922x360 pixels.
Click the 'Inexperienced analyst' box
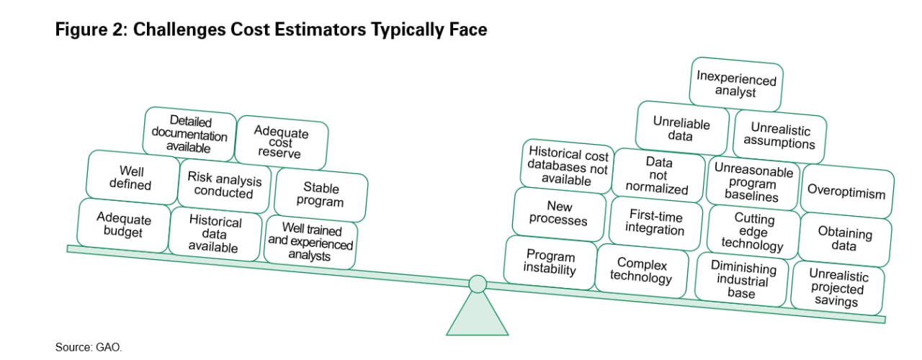736,84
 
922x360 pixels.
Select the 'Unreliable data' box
681,128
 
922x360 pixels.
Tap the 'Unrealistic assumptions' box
779,136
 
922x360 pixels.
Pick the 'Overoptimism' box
847,192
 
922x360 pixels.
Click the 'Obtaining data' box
845,240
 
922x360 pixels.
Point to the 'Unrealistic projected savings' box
837,288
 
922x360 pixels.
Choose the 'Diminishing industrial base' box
742,280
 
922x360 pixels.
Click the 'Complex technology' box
642,271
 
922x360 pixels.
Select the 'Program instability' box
550,263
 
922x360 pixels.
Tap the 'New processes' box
559,214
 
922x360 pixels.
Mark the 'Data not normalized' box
658,175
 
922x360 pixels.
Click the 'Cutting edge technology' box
753,232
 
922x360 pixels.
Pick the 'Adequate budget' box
123,225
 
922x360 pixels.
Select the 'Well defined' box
133,177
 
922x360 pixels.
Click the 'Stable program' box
321,194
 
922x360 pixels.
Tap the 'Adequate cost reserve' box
282,143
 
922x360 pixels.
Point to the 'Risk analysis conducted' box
224,186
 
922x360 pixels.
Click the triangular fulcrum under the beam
478,317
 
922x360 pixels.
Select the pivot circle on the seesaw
478,284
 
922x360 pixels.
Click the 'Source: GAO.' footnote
89,347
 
